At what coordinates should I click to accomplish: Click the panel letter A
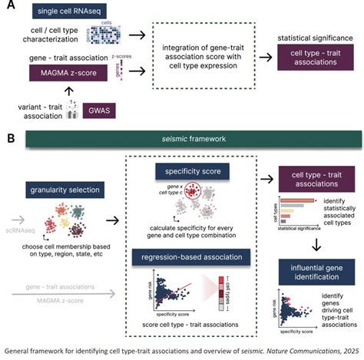12,5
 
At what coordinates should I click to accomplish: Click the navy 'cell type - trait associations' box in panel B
314,177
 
